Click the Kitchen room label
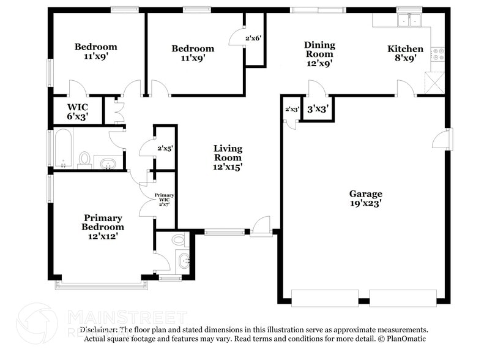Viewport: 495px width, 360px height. coord(405,49)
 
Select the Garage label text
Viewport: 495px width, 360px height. coord(366,193)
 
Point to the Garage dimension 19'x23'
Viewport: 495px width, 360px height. coord(366,204)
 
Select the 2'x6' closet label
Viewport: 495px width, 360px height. coord(253,38)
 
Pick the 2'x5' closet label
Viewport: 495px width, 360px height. coord(165,148)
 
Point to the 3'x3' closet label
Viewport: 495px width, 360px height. coord(318,110)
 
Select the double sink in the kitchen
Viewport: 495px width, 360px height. coord(408,21)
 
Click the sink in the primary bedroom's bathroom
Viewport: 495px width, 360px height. coord(182,260)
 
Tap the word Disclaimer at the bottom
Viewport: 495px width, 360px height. coord(102,329)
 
